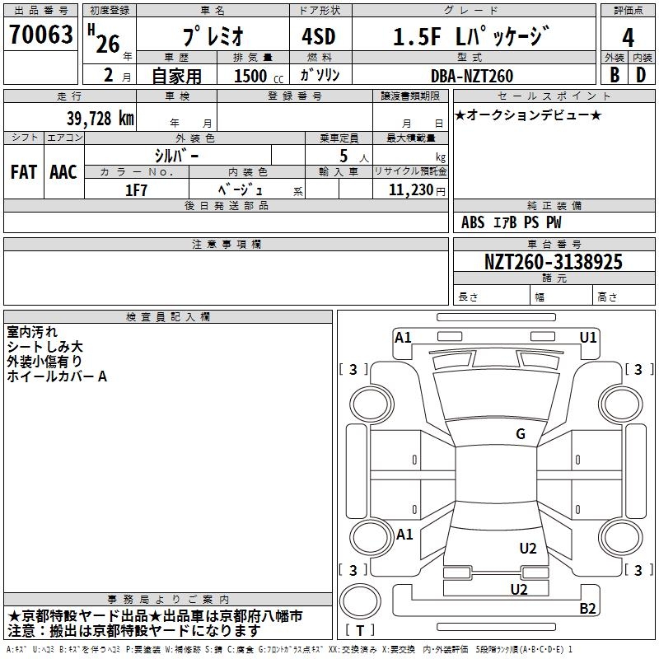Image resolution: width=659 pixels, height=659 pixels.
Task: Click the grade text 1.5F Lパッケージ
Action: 470,36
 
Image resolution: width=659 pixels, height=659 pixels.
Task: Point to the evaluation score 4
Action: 628,37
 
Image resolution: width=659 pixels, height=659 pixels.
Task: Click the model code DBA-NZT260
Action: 472,76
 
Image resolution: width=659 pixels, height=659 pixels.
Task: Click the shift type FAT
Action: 23,172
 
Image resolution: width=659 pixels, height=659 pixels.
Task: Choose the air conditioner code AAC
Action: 63,172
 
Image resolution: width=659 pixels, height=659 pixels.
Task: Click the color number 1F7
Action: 136,189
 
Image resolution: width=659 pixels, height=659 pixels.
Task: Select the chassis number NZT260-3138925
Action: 553,262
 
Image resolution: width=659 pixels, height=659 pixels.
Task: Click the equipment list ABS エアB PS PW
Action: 512,222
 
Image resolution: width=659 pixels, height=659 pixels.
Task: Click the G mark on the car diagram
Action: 521,434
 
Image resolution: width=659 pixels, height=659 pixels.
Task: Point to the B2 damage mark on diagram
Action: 587,609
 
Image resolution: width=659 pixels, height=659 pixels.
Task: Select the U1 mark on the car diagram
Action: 588,337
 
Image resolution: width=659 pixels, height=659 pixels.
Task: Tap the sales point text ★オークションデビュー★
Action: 527,115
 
